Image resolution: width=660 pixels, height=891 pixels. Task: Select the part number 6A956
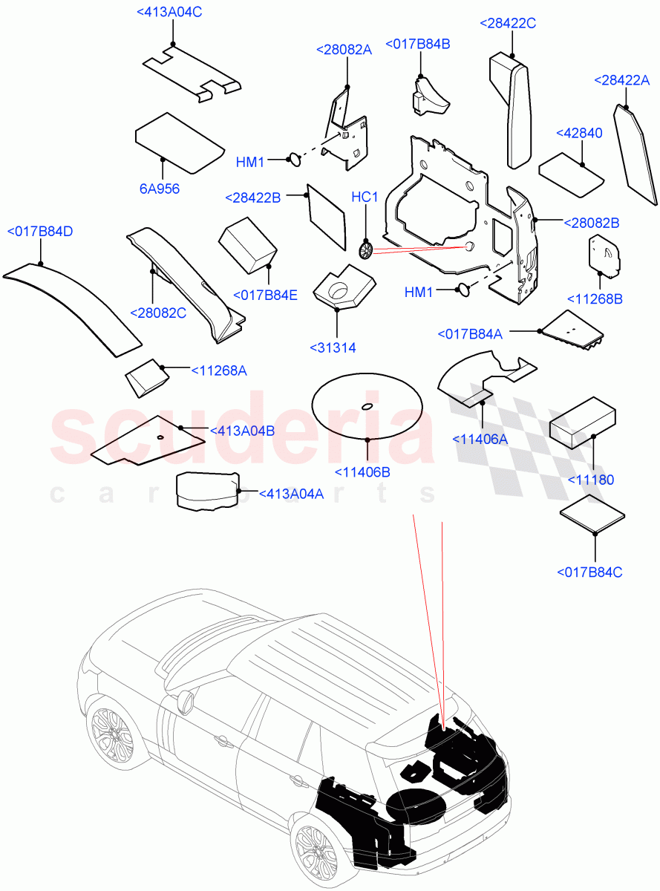(x=160, y=189)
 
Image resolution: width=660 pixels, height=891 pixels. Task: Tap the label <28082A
(x=344, y=50)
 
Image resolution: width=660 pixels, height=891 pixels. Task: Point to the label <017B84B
(x=417, y=45)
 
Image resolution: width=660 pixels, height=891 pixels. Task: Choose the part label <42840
(x=579, y=133)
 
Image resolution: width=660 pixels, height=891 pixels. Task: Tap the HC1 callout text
(x=365, y=198)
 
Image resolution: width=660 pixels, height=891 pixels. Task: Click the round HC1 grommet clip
(x=365, y=249)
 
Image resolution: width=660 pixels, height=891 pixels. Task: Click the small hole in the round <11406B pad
(x=367, y=406)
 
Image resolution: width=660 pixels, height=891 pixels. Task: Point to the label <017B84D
(x=40, y=232)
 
